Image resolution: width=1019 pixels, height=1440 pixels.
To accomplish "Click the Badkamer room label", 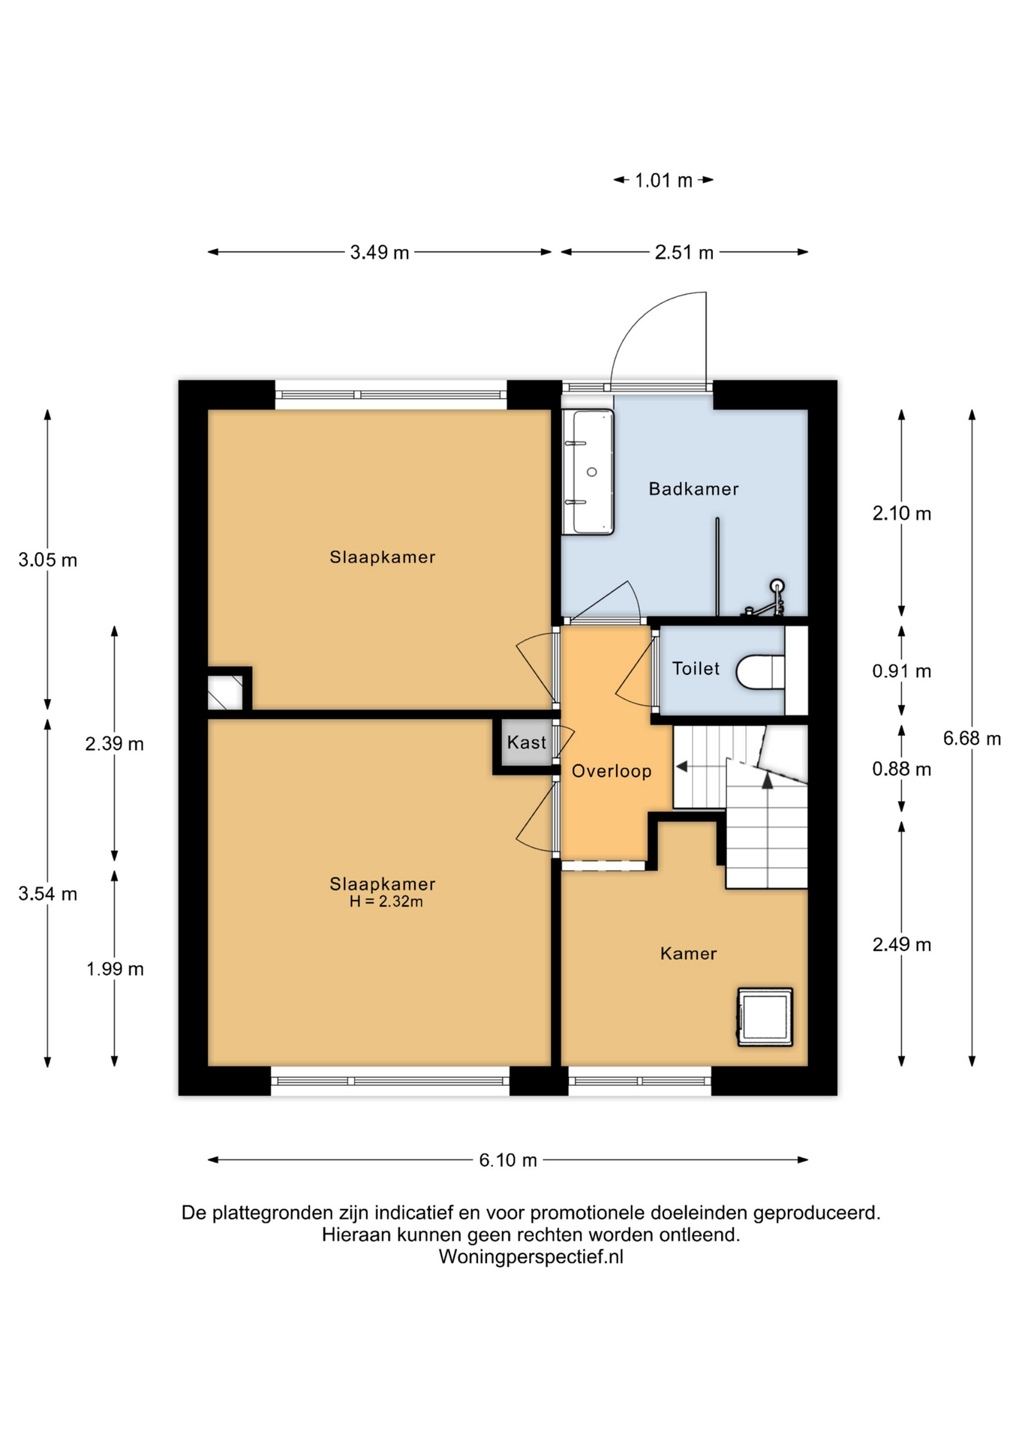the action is (693, 489).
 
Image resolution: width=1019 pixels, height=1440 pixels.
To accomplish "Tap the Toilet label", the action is (696, 668).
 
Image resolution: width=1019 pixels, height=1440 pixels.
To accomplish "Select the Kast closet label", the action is (527, 742).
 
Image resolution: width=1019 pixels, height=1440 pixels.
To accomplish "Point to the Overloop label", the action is (612, 771).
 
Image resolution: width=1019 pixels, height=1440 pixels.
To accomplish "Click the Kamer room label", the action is (688, 953).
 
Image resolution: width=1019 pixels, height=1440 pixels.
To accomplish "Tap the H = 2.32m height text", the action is (386, 901).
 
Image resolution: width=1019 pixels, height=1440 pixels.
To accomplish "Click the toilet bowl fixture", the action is (760, 671).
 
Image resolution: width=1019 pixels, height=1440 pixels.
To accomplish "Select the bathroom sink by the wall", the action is (588, 472).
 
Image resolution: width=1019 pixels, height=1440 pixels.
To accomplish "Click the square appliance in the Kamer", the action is (765, 1017).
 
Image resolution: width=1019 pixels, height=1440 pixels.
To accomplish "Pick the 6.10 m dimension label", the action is (508, 1160).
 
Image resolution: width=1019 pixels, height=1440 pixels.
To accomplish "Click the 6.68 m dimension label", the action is (972, 739).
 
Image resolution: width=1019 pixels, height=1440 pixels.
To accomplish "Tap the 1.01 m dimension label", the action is (663, 181).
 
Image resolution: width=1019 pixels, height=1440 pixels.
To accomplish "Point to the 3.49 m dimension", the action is (380, 253).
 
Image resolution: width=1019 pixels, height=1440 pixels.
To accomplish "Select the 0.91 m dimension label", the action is (901, 671).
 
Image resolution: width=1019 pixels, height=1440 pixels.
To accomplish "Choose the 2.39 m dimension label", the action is (114, 744).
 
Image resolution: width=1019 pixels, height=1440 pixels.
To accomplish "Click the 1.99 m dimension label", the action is (115, 969).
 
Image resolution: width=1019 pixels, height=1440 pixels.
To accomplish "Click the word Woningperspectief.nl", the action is (531, 1257).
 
